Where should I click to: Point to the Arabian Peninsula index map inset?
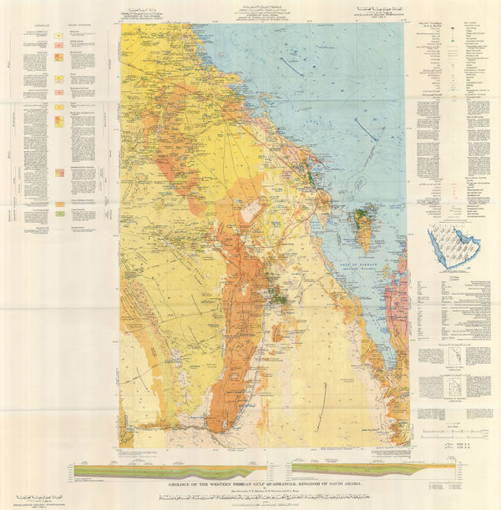pos(448,248)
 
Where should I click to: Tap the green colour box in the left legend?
pos(60,215)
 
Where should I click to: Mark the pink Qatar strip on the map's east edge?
pos(402,275)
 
